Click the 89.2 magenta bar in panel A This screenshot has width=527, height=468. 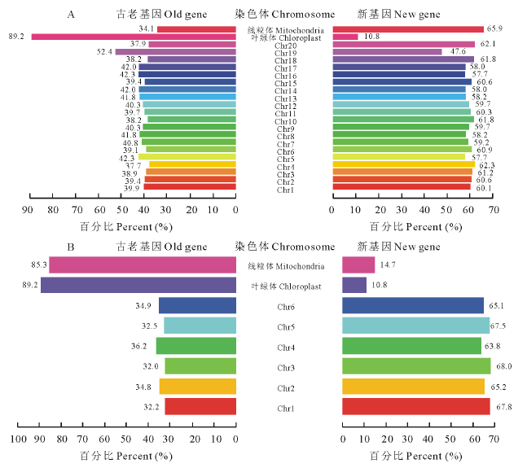(x=134, y=37)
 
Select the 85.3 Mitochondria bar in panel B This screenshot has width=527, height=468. (x=143, y=265)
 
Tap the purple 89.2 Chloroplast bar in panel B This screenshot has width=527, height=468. (x=138, y=285)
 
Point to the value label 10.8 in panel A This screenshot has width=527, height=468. (x=372, y=37)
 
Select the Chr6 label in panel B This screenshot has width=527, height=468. (x=285, y=306)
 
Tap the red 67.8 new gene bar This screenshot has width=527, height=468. (x=415, y=406)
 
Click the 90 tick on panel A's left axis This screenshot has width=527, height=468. (x=30, y=210)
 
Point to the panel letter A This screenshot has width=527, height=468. (x=72, y=15)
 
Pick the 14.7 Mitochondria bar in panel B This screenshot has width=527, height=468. (x=358, y=265)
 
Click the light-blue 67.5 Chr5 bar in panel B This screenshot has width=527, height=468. (x=415, y=326)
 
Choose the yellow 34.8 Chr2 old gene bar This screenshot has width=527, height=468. (x=197, y=387)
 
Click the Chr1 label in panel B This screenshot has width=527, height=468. (x=285, y=408)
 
